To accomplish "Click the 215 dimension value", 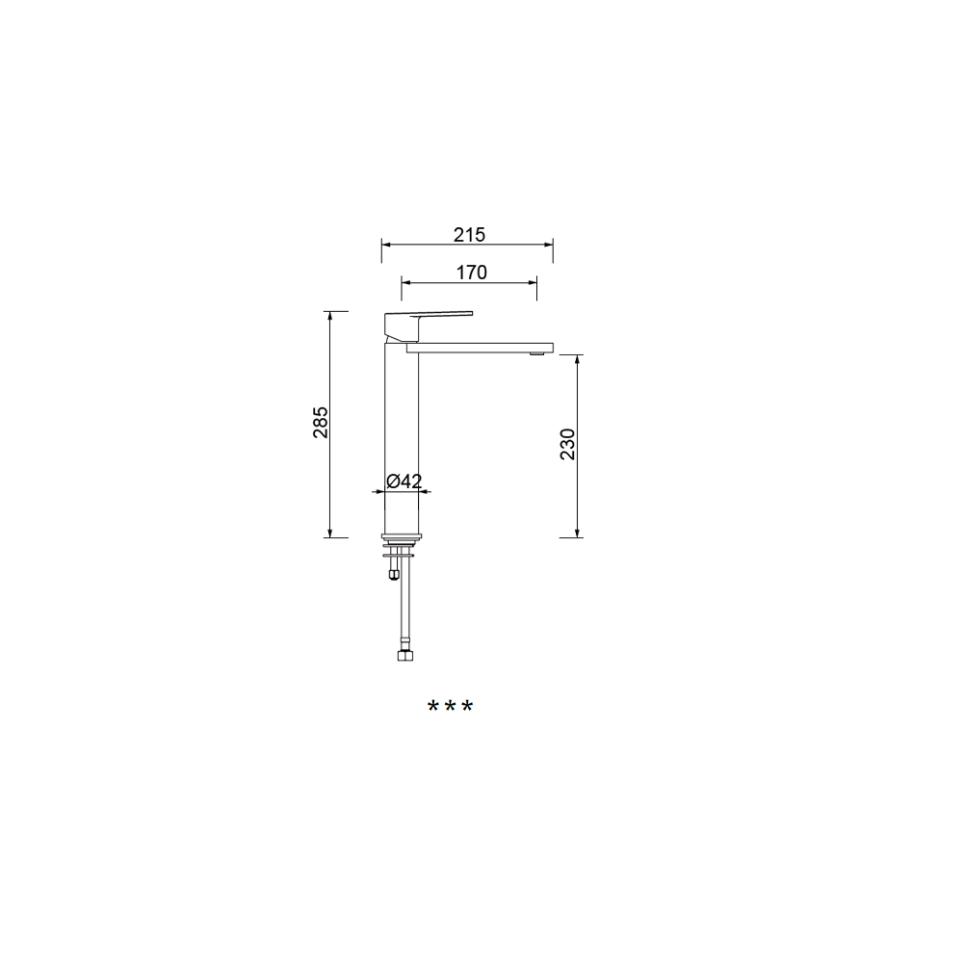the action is coord(469,235).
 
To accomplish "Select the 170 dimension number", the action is coord(471,273).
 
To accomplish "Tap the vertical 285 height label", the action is coord(321,422).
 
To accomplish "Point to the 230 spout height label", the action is coord(567,444).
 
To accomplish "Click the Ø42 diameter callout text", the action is coord(404,481).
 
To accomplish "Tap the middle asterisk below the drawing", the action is coord(450,706).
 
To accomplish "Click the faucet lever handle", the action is coord(429,326).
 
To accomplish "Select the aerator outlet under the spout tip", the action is coord(536,353).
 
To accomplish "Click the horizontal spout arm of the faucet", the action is coord(480,349).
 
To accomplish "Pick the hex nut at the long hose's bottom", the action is coord(405,655).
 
